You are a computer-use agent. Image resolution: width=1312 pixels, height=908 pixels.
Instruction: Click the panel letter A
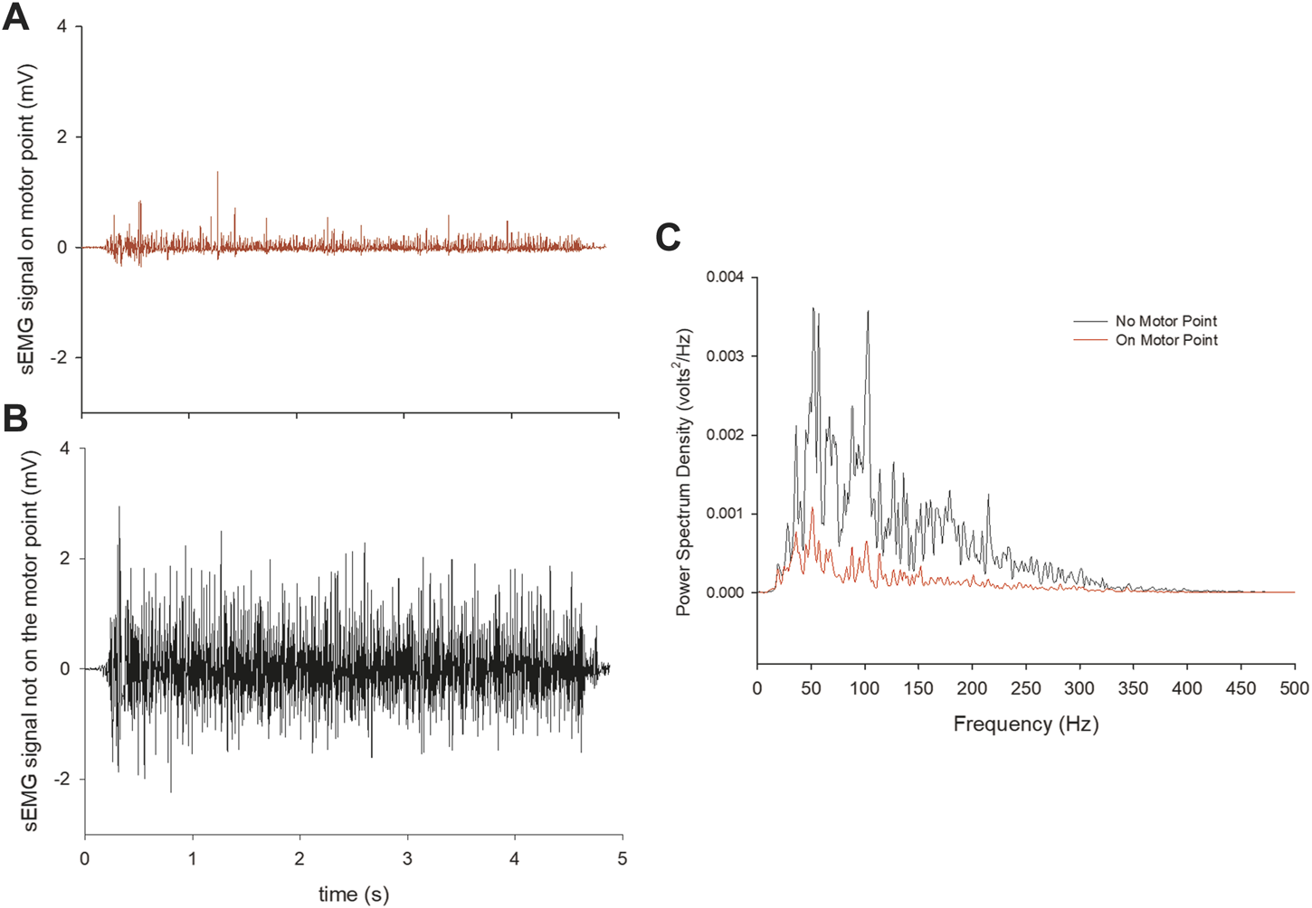point(16,18)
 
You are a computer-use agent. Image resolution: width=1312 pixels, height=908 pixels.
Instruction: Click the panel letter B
point(15,419)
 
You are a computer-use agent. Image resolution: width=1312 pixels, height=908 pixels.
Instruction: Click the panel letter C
point(668,238)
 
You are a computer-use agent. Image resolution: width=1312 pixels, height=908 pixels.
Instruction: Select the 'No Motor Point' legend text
point(1165,321)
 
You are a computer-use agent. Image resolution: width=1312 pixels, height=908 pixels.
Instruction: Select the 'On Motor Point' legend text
point(1166,340)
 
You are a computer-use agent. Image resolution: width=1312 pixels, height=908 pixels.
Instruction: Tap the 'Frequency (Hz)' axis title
point(1025,724)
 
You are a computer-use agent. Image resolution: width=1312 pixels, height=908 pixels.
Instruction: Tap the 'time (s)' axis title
point(353,894)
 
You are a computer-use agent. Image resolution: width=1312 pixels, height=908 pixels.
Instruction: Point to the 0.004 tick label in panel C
point(725,277)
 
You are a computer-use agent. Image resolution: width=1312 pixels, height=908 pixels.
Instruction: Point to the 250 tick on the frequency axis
point(1026,688)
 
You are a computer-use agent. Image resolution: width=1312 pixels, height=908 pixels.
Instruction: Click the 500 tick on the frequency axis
point(1294,688)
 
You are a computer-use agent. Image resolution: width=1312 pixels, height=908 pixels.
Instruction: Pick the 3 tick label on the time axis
point(407,857)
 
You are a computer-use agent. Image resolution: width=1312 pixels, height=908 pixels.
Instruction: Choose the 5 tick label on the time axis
point(622,857)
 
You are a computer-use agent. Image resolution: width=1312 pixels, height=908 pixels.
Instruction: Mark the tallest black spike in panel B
point(119,508)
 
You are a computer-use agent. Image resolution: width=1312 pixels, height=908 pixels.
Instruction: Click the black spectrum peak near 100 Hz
point(868,313)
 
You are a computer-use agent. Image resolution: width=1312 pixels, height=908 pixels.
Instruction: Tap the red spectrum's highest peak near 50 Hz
point(813,509)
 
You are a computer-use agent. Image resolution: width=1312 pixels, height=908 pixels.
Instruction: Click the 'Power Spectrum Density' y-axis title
point(684,471)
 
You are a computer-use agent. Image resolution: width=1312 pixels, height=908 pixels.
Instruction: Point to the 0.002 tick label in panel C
point(725,435)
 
